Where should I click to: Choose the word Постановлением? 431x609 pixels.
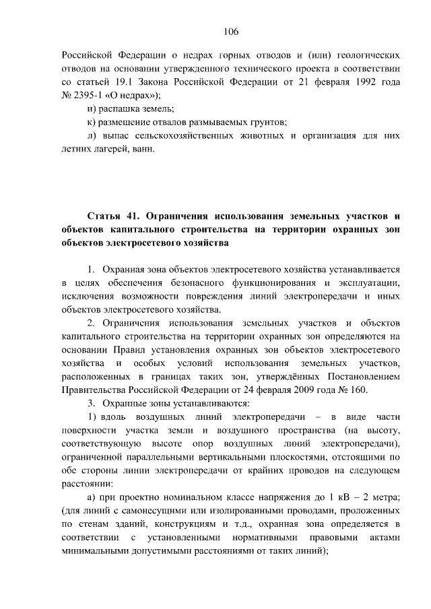(x=365, y=378)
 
